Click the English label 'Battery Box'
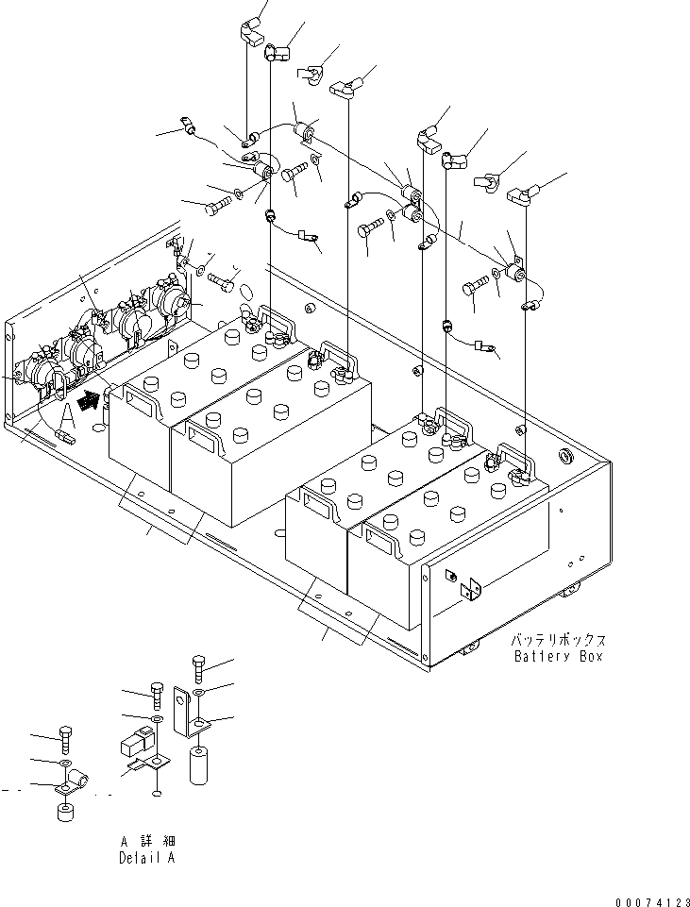click(558, 656)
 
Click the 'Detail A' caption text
click(146, 858)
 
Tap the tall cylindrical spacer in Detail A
click(199, 765)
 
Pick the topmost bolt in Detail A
click(198, 667)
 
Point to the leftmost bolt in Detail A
click(63, 737)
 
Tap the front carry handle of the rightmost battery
click(381, 543)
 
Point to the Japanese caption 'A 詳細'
click(147, 841)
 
